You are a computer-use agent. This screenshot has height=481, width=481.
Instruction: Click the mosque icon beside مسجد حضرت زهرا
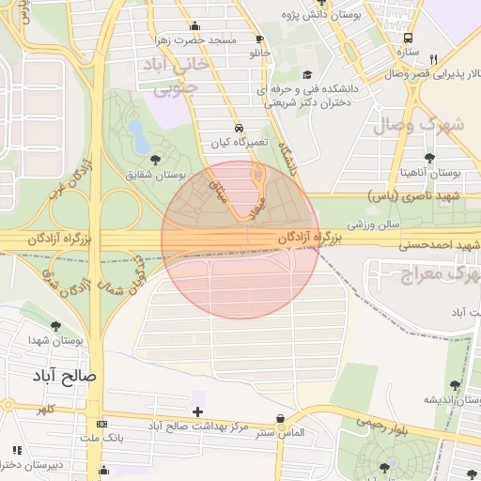click(x=195, y=26)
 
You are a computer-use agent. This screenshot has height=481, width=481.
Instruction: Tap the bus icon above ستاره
click(x=407, y=38)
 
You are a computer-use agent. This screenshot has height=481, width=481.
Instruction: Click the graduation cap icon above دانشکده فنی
click(x=306, y=75)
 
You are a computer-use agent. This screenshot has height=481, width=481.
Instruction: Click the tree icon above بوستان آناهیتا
click(x=430, y=158)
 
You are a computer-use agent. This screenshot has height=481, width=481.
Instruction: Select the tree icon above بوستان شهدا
click(x=55, y=325)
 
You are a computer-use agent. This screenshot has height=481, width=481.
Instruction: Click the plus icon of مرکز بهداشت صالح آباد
click(x=197, y=411)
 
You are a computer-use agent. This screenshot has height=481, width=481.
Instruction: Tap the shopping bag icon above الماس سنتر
click(x=279, y=419)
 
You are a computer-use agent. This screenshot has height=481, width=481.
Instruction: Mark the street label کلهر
click(x=46, y=409)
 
